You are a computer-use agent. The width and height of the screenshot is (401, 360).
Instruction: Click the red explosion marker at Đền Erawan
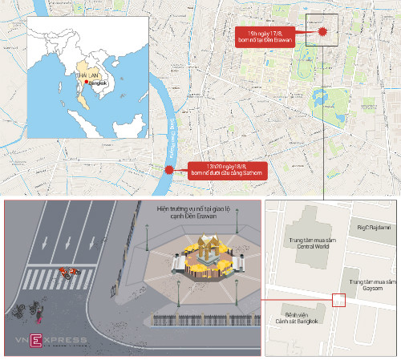(x=322, y=31)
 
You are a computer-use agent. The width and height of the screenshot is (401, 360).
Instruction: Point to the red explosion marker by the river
(x=169, y=170)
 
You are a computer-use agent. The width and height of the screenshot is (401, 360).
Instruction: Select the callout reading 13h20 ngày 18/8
(x=224, y=170)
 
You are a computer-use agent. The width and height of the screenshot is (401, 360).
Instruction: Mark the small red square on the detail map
(x=338, y=301)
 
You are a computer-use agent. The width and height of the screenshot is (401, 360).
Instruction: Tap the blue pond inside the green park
(x=322, y=99)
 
